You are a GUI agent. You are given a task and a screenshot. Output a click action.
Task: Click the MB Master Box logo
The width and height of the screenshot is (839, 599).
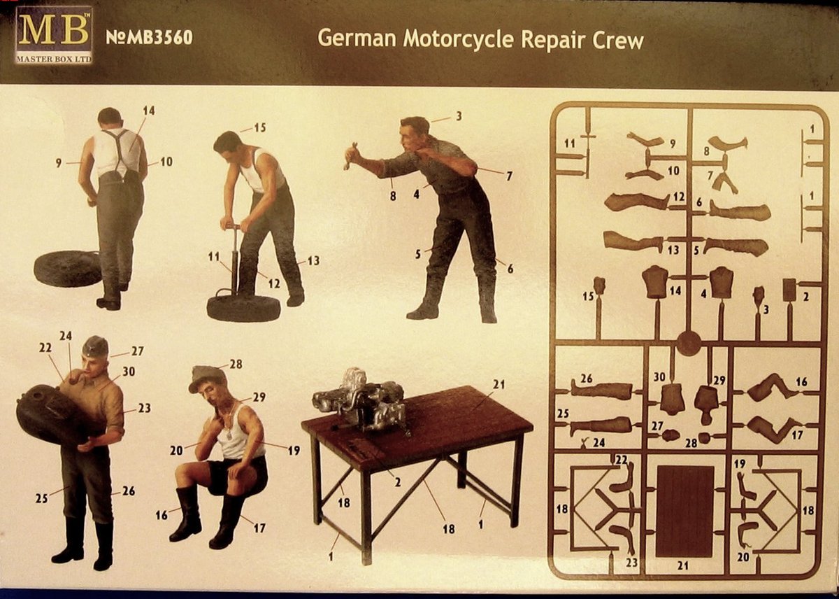point(54,34)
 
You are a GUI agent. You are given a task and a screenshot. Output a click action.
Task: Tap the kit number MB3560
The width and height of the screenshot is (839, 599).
point(149,38)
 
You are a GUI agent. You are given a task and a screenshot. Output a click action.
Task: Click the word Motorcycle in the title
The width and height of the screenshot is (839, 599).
point(461,39)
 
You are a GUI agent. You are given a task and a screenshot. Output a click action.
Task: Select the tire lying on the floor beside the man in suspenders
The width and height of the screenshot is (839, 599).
point(67,268)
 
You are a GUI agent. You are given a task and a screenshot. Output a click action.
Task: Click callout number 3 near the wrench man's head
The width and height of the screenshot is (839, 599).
point(459,116)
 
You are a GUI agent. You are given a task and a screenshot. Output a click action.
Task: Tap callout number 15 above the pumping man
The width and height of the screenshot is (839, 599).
point(260,128)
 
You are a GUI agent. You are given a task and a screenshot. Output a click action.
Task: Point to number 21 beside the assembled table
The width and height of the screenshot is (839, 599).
point(498,384)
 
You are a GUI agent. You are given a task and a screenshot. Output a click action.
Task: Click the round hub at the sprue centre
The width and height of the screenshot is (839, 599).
point(689,344)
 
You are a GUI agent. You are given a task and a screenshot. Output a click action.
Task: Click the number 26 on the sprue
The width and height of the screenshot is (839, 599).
point(586,379)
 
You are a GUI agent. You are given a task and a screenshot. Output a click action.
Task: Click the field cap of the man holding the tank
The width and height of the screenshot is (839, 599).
point(95,346)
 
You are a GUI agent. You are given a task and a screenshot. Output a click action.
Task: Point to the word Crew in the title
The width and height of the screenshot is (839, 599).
point(617,39)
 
